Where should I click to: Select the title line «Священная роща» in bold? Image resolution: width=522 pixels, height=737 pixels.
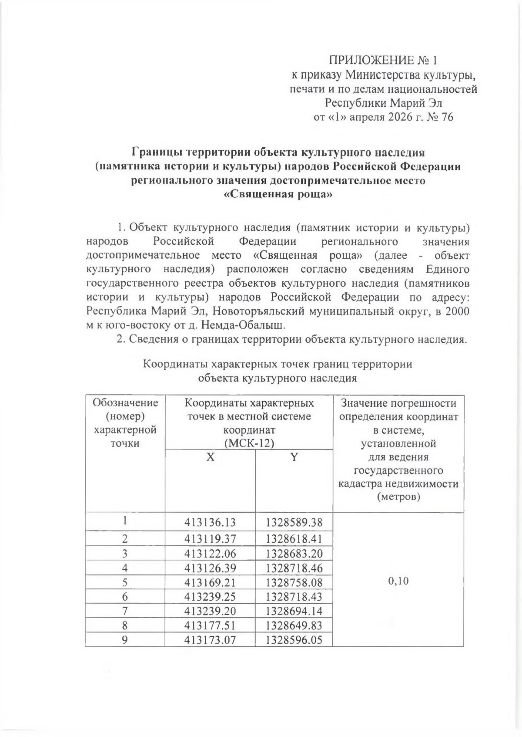[x=278, y=195]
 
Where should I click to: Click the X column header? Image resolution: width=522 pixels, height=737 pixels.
[x=211, y=457]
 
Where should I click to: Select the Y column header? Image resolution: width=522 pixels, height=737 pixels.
[x=294, y=457]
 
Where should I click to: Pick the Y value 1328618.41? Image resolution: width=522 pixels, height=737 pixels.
[x=294, y=539]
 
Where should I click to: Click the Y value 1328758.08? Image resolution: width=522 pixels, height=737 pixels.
[x=294, y=582]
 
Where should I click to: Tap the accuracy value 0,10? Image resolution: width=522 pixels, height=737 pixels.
[x=398, y=581]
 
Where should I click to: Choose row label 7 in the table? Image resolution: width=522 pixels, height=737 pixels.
[x=125, y=611]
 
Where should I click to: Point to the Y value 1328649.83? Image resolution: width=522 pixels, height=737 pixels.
[x=294, y=625]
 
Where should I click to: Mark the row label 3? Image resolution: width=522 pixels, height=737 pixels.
[x=125, y=554]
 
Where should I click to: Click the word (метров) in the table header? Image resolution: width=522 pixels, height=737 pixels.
[x=398, y=497]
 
